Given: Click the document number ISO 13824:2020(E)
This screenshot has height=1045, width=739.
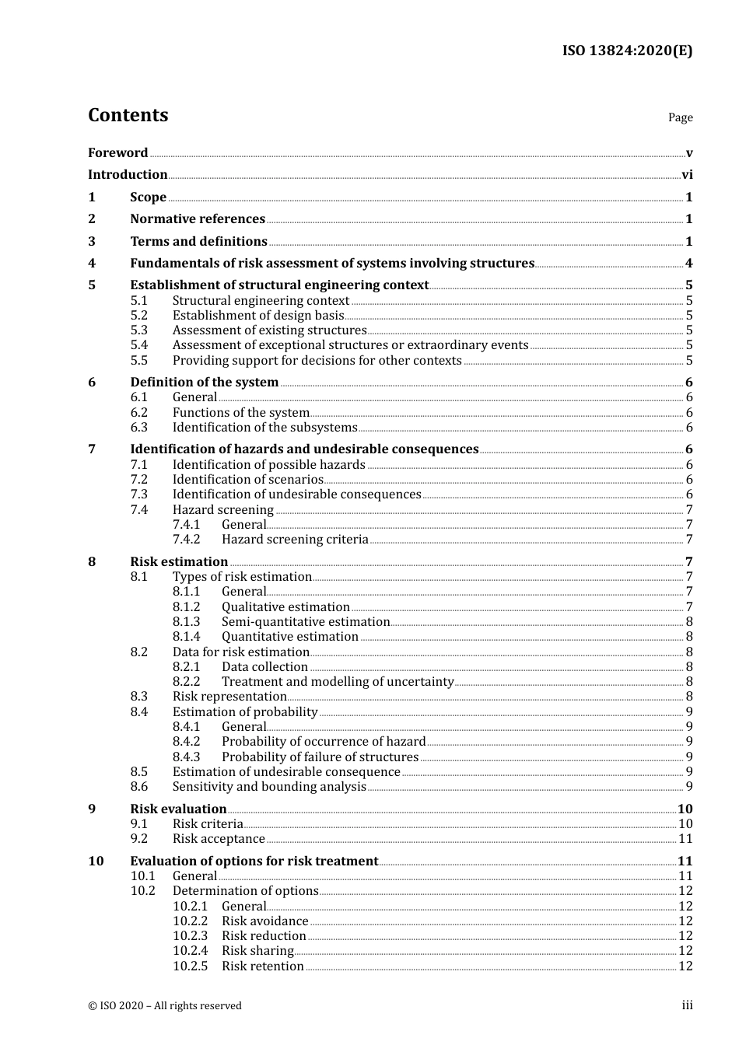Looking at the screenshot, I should click(627, 51).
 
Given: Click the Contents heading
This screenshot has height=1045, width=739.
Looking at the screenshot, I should click(128, 115).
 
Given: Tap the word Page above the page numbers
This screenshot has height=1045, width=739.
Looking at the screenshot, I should click(680, 117).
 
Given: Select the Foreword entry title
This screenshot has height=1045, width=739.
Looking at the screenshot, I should click(117, 153).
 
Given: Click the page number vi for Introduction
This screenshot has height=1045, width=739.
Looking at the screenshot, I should click(687, 175).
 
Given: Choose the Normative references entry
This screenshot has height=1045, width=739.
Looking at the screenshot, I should click(198, 219).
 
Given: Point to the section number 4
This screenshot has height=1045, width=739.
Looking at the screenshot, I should click(92, 264).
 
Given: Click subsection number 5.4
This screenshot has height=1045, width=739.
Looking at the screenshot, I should click(138, 345).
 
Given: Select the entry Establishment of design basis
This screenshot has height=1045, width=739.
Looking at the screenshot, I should click(257, 316).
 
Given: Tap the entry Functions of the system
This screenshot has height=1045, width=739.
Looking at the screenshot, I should click(240, 413).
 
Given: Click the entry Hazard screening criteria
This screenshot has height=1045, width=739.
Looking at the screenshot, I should click(295, 540).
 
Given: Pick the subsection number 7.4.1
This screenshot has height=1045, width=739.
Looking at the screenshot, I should click(186, 525).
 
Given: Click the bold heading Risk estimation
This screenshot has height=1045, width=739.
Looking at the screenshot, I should click(179, 562).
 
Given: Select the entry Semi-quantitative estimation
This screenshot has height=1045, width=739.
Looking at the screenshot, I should click(305, 622).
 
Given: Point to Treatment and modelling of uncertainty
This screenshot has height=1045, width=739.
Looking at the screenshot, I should click(337, 682).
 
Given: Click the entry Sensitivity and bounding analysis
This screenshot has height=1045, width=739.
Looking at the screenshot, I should click(269, 787).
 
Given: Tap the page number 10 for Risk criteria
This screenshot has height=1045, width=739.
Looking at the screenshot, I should click(685, 824).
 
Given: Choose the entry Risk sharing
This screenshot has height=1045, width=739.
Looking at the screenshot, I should click(257, 951).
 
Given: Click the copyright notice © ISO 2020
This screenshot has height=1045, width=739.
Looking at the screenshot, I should click(164, 1006).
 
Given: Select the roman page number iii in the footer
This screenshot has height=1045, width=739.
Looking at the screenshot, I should click(687, 1005).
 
